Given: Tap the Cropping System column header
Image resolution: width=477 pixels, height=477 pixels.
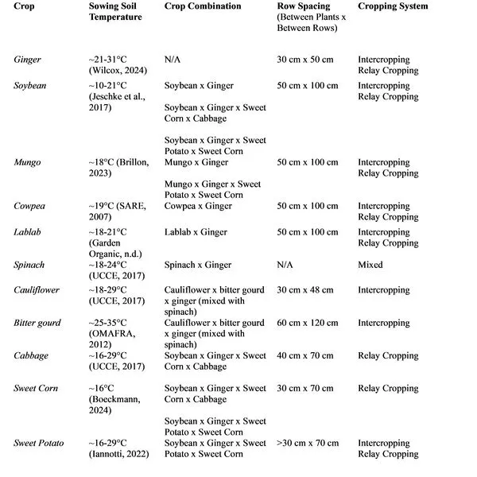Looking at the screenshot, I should pos(393,6).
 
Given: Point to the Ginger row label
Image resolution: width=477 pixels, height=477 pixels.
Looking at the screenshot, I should pos(28,59).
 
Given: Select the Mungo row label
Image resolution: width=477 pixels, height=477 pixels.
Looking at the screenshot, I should pos(28,162).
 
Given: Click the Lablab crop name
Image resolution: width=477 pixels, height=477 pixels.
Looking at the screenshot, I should pos(29,232).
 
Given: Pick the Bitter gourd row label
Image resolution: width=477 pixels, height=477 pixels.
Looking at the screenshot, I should pos(37,323).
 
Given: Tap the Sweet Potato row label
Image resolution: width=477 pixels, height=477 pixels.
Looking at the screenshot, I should pos(39,443).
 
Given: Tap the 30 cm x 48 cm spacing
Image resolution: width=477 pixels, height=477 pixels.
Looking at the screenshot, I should pos(306,290).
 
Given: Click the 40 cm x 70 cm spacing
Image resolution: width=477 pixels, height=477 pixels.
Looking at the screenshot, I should pos(306,355).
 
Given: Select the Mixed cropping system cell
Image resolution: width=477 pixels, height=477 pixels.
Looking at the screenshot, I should pos(370,265).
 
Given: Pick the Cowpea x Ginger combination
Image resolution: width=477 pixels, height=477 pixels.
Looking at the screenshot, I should pos(198,206).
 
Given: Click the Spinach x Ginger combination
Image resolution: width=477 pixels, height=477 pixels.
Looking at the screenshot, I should pos(199,265).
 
